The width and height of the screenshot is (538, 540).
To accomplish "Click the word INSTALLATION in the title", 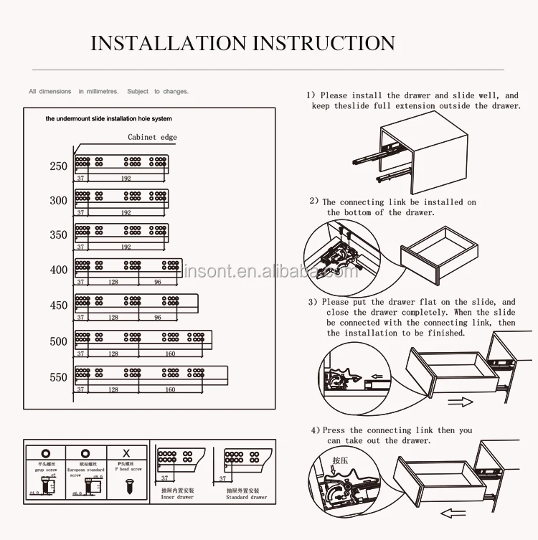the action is point(165,43).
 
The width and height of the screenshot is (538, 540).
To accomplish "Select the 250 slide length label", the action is point(59,166).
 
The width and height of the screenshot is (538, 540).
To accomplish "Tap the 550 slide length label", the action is point(59,377).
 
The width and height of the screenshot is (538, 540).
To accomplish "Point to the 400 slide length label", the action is point(59,270).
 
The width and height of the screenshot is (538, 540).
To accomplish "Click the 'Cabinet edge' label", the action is point(152,137).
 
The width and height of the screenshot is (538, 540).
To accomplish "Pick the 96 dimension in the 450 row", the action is point(158,317).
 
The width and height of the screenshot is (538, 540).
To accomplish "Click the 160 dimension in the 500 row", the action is point(170,354).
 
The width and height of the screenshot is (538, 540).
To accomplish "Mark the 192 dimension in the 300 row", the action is point(126,213).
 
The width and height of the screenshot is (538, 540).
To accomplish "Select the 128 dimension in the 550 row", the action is point(113,389).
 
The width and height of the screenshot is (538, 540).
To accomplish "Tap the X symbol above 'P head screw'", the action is point(126,454).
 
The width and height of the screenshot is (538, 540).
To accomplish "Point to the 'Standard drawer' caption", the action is point(247,497).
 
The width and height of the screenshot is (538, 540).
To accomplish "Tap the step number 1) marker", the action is point(311,95).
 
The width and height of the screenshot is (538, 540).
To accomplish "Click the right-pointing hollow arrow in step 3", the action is point(460,402).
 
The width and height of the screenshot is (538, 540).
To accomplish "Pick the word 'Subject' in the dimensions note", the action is point(138,92).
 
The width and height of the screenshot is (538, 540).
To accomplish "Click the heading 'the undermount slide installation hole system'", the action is point(108,119).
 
